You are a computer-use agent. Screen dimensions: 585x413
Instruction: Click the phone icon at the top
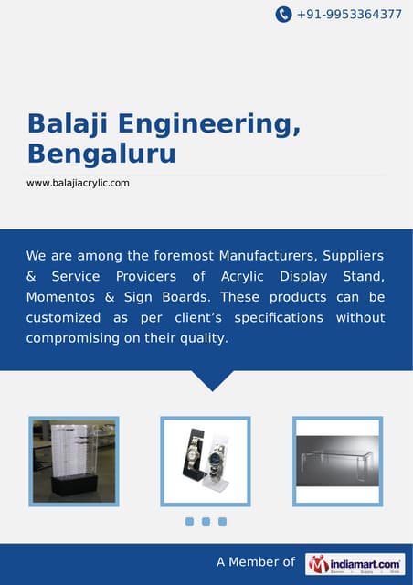pyautogui.click(x=283, y=14)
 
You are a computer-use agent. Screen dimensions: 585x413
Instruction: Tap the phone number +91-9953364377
pyautogui.click(x=349, y=15)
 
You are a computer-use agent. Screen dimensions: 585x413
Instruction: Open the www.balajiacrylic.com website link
pyautogui.click(x=78, y=183)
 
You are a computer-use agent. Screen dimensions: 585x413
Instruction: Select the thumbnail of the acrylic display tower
pyautogui.click(x=74, y=461)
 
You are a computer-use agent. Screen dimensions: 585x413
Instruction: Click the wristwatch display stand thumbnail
pyautogui.click(x=206, y=461)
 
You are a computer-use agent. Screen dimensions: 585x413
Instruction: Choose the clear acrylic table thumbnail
pyautogui.click(x=337, y=461)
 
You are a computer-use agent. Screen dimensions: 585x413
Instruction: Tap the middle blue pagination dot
pyautogui.click(x=206, y=521)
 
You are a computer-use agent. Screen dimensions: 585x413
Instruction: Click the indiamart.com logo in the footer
pyautogui.click(x=355, y=564)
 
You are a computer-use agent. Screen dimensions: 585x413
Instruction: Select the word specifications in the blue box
pyautogui.click(x=279, y=318)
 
